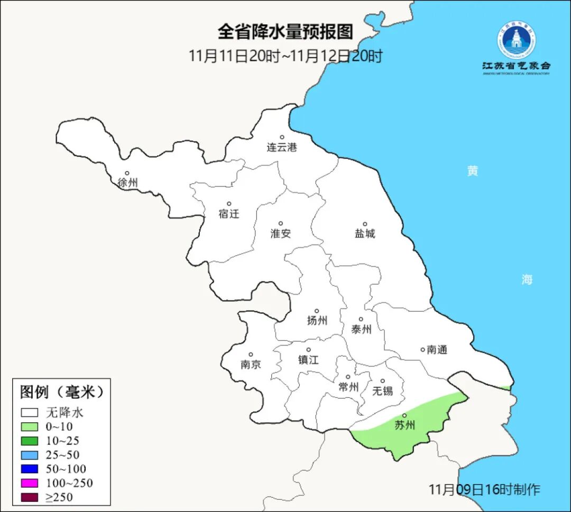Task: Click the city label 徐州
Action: click(x=128, y=183)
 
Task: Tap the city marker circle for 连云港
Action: click(x=282, y=137)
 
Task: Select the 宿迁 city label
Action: click(x=229, y=213)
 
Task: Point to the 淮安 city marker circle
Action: click(x=281, y=224)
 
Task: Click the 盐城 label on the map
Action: click(x=365, y=234)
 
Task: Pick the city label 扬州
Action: click(x=317, y=320)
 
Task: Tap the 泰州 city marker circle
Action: click(x=361, y=319)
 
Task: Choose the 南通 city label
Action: click(x=437, y=349)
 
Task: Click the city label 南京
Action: click(x=251, y=365)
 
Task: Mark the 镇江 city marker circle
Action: click(x=309, y=350)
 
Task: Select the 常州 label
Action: click(x=348, y=387)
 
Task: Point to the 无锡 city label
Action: click(x=383, y=390)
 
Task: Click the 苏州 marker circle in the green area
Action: click(x=404, y=416)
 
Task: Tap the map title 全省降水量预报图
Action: click(x=285, y=32)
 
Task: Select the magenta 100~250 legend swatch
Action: click(x=30, y=483)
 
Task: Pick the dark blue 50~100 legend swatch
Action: click(x=30, y=469)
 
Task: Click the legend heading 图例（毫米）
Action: click(x=62, y=392)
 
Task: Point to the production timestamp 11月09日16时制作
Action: click(x=484, y=489)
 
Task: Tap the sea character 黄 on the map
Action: click(x=473, y=171)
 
